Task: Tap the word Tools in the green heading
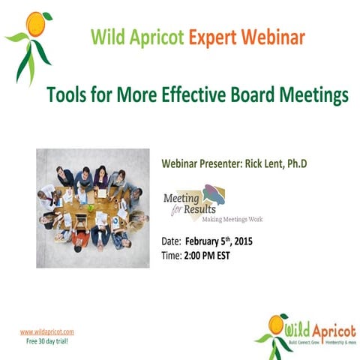(x=68, y=96)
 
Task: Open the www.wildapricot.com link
(x=46, y=331)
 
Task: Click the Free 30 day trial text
(x=47, y=340)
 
